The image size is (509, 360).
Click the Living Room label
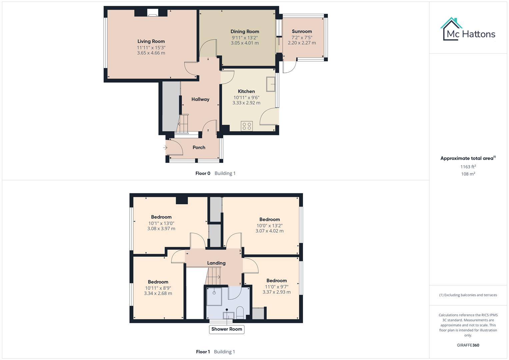[x=151, y=41]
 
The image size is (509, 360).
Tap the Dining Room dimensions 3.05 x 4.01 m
[x=245, y=43]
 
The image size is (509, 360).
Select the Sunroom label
[x=302, y=31]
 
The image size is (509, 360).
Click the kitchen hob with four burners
[x=247, y=126]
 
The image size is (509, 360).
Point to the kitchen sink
[x=270, y=84]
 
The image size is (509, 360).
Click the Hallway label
[x=200, y=99]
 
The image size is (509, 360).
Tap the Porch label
[x=199, y=147]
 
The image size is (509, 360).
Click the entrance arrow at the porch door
[x=165, y=147]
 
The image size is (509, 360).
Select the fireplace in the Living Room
[x=153, y=13]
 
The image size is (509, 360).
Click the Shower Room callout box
[x=227, y=329]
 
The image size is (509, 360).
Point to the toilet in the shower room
[x=240, y=312]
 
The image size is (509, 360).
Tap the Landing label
[x=216, y=263]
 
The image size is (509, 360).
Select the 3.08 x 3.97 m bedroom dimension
[x=161, y=229]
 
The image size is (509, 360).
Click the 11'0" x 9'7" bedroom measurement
[x=276, y=287]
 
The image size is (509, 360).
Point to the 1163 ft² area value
[x=468, y=167]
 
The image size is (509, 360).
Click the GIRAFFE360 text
[x=468, y=345]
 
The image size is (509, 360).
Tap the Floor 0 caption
[x=203, y=173]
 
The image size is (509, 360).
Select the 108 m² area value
[x=468, y=174]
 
